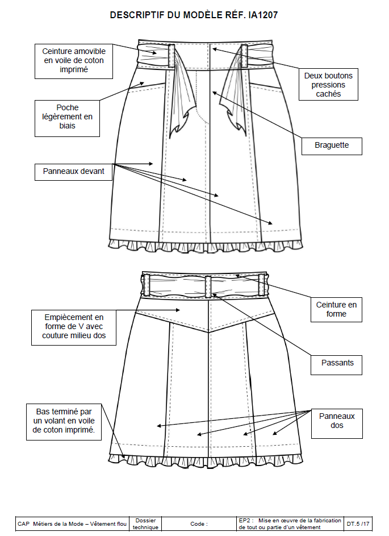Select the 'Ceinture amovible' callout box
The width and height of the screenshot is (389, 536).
coord(74,61)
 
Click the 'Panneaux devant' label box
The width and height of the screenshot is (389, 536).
coord(73,171)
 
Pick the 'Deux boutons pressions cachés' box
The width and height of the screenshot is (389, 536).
coord(328,84)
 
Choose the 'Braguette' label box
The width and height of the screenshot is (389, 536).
coord(331,146)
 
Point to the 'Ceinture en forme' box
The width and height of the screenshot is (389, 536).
coord(336,309)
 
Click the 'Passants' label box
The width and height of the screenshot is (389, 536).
coord(336,363)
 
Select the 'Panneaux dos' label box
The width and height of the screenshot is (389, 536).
coord(336,421)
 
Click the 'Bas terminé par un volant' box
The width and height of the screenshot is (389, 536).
coord(65,421)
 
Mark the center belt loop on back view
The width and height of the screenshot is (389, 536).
coord(208,285)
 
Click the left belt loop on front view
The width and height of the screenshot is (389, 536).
coord(170,56)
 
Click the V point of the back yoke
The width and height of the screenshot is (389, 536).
coord(209,331)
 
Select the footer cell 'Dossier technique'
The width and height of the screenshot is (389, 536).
coord(146,523)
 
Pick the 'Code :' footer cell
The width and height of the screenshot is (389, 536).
coord(199,523)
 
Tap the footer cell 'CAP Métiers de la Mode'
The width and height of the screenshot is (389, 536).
coord(72,523)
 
